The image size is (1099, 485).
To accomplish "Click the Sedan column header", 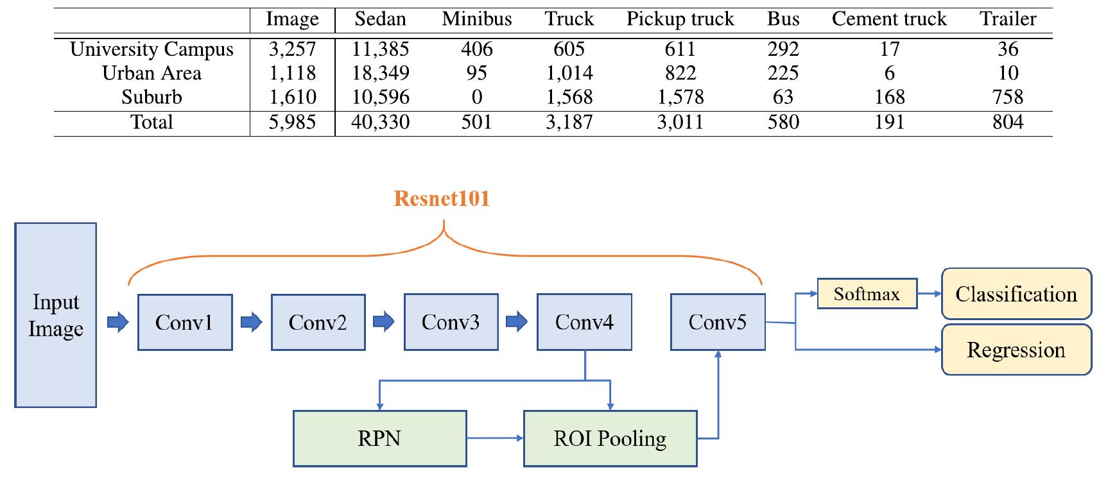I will coord(380,19).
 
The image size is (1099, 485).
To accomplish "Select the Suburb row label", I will coord(151,97).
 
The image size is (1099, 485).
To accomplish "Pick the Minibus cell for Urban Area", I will coord(476,73).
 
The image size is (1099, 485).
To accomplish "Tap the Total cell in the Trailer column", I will coord(1007,122).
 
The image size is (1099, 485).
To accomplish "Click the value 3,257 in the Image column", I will coord(292,49).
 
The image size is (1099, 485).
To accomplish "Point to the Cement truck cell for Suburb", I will coord(889,97).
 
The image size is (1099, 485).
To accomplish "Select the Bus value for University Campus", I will coord(783,49).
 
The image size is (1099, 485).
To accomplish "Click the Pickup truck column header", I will coord(680,19).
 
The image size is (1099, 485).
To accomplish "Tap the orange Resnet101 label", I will coord(442,198).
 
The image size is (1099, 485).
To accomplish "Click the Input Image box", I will coord(56,315).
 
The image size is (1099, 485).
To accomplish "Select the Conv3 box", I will coord(451,322).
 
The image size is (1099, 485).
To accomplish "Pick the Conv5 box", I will coord(718,322).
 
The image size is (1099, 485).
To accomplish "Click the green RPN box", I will coord(379,439).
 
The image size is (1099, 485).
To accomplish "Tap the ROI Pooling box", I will coord(610,439).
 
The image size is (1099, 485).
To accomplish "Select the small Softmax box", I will coord(867,294).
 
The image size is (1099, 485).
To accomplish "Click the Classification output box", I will coord(1016,294).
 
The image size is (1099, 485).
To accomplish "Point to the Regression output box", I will coord(1016,350).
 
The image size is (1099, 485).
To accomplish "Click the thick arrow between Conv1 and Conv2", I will coord(252,321).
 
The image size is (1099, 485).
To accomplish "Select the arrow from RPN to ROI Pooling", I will coord(495,439).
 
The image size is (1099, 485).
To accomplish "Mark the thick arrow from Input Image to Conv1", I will coord(117,321).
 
